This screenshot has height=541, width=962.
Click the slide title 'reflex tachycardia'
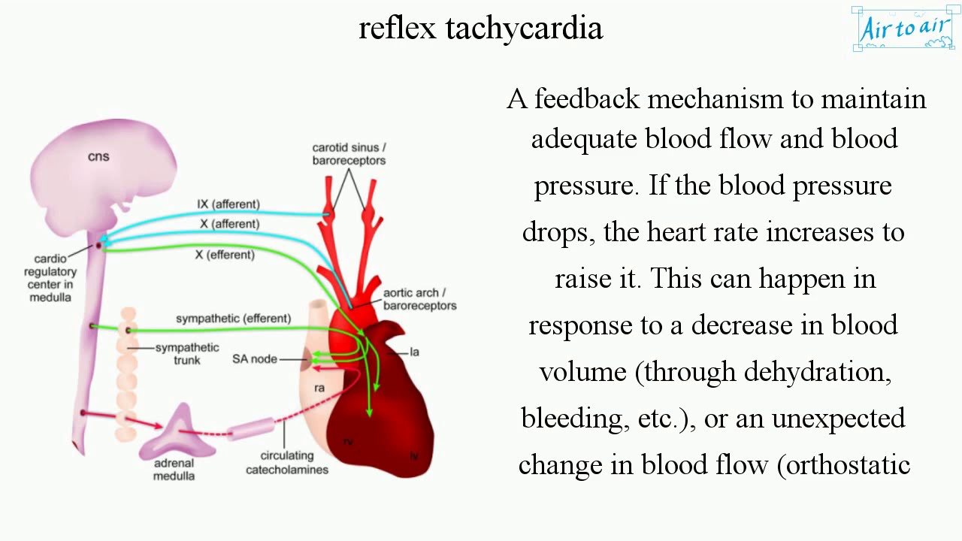click(480, 28)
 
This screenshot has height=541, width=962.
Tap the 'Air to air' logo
click(904, 29)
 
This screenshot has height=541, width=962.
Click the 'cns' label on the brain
click(98, 156)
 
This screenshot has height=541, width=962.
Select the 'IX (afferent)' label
click(228, 204)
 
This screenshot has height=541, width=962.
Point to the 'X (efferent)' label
click(225, 255)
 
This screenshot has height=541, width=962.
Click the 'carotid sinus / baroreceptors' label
click(349, 154)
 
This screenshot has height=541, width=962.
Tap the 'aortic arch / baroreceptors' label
click(419, 299)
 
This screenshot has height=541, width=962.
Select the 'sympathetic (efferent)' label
click(233, 319)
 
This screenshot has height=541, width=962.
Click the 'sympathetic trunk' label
click(187, 353)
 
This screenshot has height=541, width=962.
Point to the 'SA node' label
click(254, 359)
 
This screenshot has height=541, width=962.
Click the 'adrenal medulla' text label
click(174, 469)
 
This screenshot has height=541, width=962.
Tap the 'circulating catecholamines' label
click(286, 462)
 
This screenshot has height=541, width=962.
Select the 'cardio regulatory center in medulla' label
click(50, 278)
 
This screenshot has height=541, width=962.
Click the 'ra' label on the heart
click(319, 388)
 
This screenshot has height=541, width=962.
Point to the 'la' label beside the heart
click(414, 352)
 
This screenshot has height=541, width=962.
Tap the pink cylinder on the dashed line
click(251, 430)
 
